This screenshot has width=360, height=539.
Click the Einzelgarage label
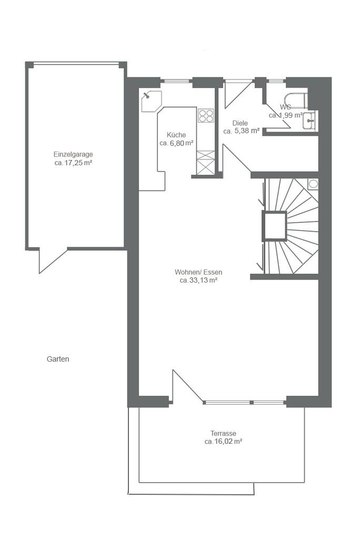[73, 154]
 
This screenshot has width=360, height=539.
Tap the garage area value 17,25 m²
[78, 163]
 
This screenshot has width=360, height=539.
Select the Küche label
[176, 135]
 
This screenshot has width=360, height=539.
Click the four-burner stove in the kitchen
[206, 115]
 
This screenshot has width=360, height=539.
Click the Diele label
[240, 123]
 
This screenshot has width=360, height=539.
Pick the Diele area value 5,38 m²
[246, 131]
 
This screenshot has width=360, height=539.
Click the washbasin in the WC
[310, 121]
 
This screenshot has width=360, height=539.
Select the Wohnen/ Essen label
[198, 272]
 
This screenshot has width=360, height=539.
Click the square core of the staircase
[274, 226]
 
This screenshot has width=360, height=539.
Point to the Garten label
[58, 359]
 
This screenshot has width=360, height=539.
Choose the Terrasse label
[224, 434]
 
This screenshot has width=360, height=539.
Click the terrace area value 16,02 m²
[228, 442]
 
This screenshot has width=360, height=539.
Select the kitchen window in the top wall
[176, 82]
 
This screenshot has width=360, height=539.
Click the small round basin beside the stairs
[313, 184]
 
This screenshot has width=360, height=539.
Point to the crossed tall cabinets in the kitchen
[205, 163]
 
